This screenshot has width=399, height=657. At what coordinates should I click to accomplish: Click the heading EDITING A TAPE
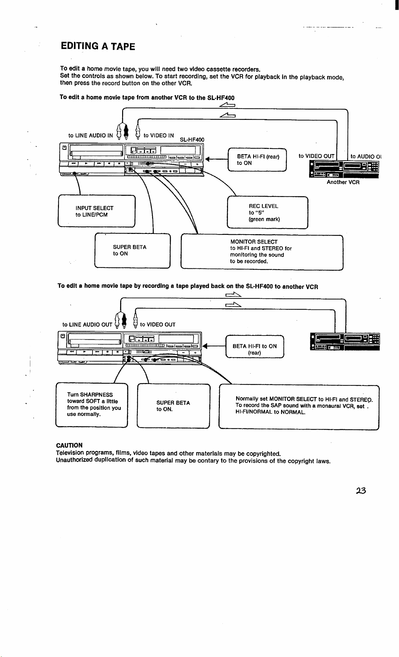click(98, 46)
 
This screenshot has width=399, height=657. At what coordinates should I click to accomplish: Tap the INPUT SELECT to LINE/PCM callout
click(96, 211)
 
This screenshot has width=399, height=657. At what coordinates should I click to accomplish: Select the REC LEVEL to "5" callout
click(267, 212)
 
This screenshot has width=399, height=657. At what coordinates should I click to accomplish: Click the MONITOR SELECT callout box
click(262, 252)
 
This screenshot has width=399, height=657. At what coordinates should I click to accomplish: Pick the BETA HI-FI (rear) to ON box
click(257, 159)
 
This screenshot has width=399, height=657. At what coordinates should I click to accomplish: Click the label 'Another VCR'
click(343, 182)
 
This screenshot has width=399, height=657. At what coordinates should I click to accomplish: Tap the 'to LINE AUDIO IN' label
click(91, 136)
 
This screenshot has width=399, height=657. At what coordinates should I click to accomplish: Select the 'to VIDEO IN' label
click(159, 136)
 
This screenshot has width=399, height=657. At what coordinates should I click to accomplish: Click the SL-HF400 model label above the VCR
click(192, 140)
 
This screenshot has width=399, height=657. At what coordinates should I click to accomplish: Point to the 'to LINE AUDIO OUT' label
click(87, 325)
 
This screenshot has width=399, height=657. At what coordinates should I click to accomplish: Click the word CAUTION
click(69, 445)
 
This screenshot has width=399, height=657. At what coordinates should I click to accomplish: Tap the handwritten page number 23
click(361, 491)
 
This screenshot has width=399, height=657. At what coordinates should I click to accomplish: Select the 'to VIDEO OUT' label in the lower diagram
click(158, 325)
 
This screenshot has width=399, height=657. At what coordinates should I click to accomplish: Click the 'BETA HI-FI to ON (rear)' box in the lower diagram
click(255, 347)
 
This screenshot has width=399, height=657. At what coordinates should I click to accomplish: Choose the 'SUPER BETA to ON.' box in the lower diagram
click(173, 406)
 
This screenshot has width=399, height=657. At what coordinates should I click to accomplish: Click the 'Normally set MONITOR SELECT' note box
click(299, 407)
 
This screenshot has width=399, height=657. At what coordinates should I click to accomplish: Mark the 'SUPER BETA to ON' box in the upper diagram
click(133, 250)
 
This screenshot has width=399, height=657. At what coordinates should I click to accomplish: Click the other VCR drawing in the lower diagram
click(345, 342)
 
